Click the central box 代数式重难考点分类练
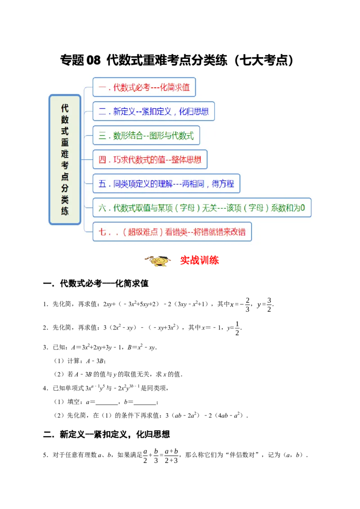click(x=65, y=159)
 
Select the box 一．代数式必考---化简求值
click(x=144, y=87)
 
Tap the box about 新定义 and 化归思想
click(x=153, y=112)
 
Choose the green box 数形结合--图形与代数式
click(x=146, y=135)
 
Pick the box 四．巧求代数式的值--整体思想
click(x=150, y=160)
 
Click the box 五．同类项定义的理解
click(x=166, y=183)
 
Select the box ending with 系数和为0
click(x=202, y=208)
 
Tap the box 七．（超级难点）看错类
click(x=172, y=232)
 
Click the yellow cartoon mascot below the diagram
click(x=158, y=261)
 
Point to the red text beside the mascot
click(x=199, y=261)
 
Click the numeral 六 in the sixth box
click(x=102, y=208)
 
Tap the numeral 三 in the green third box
click(x=102, y=135)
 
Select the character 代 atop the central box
click(x=65, y=108)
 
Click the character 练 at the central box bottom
click(x=65, y=210)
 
